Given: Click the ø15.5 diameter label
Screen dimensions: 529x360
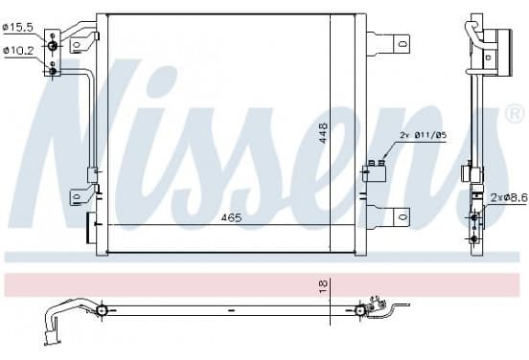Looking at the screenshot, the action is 18,28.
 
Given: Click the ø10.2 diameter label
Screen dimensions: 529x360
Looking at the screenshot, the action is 18,51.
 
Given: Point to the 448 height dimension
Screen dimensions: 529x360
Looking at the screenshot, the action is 323,133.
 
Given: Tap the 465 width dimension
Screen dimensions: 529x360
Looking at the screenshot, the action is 232,218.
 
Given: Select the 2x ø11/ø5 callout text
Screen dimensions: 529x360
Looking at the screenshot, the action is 423,136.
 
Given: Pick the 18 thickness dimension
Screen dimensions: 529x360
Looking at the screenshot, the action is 323,286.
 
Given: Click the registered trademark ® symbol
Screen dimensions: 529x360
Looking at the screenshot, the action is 515,114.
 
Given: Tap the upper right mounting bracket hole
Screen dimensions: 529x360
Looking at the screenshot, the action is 402,44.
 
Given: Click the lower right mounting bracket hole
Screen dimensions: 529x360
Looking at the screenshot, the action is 402,216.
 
